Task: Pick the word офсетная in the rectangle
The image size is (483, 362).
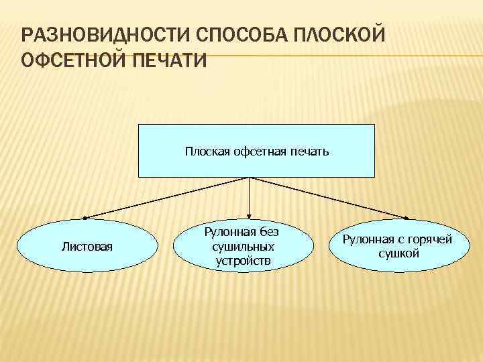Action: [x=258, y=152]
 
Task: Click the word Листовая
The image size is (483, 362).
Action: [x=87, y=247]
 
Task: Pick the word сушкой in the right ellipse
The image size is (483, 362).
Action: [x=398, y=253]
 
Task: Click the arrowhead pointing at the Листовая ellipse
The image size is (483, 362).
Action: [x=85, y=217]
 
